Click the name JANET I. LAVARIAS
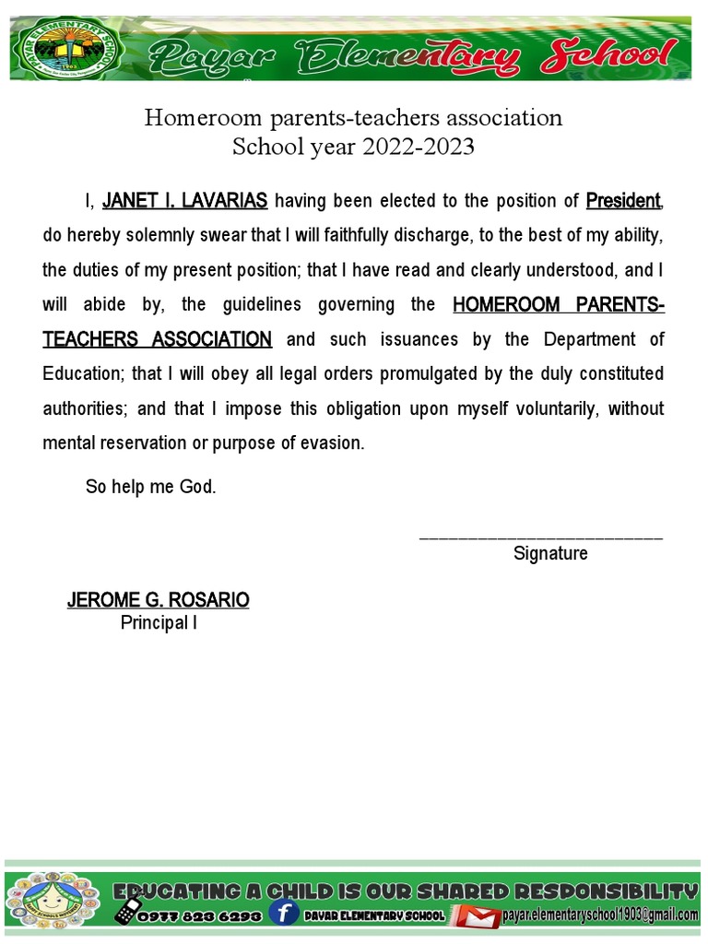(x=184, y=201)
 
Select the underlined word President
(x=623, y=201)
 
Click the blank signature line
(x=540, y=536)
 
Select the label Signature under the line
(x=550, y=554)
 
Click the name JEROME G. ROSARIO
(x=158, y=600)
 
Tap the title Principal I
(x=159, y=623)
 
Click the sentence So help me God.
(x=151, y=487)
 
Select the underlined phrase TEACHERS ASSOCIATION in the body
(x=158, y=339)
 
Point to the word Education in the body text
(x=80, y=373)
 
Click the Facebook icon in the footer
(x=285, y=914)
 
